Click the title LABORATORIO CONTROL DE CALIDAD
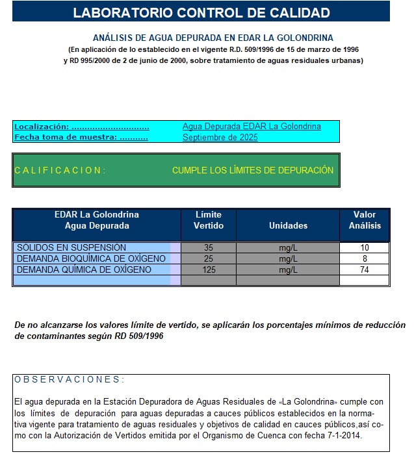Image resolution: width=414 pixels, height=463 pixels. [201, 12]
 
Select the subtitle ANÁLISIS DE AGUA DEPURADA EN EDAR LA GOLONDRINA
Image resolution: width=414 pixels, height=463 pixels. [213, 38]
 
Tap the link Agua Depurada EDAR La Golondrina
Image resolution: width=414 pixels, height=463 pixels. [252, 127]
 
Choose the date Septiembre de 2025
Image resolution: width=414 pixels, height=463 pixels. [220, 137]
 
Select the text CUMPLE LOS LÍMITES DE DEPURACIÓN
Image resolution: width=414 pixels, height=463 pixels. [253, 170]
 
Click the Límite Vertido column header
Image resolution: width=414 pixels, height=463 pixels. [208, 220]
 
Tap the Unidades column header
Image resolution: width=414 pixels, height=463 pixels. [288, 225]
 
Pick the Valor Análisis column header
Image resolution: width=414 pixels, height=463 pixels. [365, 220]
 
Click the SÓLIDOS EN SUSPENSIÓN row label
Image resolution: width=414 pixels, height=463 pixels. [71, 247]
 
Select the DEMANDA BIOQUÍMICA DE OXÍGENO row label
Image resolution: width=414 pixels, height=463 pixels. [91, 258]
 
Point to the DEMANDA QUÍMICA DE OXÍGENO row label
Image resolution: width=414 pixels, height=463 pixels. [84, 269]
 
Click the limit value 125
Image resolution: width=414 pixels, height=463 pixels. [209, 269]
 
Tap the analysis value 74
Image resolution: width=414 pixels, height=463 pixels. [365, 269]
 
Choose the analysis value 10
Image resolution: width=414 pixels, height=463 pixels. [365, 247]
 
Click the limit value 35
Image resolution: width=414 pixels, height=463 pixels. [209, 247]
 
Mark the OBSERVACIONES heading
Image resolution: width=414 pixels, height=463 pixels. [69, 379]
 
